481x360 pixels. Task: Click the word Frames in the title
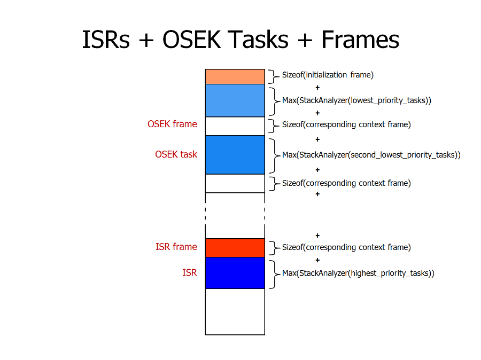click(x=360, y=40)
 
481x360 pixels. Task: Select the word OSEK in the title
click(x=192, y=40)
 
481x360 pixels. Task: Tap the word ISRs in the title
click(x=106, y=40)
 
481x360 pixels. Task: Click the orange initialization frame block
click(x=235, y=77)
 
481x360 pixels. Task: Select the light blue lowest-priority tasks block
click(x=235, y=100)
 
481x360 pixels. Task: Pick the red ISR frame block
click(x=235, y=248)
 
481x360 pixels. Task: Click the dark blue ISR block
click(x=235, y=273)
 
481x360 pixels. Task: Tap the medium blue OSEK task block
click(x=235, y=155)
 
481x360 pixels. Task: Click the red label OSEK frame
click(x=173, y=124)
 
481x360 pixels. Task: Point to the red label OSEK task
click(x=176, y=154)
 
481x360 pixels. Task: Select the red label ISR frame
click(x=176, y=247)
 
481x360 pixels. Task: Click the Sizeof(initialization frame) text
click(x=328, y=75)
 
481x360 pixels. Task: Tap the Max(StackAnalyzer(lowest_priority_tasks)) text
click(x=356, y=100)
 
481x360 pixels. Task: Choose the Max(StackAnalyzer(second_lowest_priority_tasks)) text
click(x=371, y=155)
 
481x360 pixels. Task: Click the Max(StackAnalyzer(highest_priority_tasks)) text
click(x=358, y=273)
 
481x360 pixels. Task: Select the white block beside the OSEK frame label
click(x=235, y=127)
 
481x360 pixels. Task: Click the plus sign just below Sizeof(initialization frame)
click(x=317, y=88)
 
